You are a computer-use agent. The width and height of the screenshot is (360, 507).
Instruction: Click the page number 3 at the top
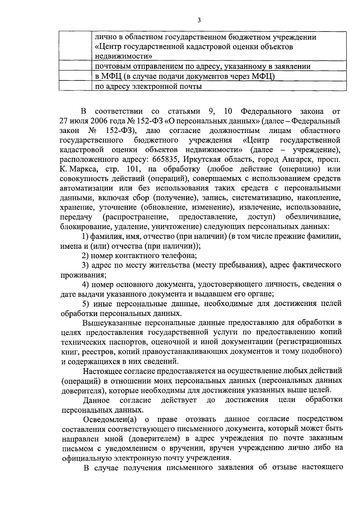(199, 20)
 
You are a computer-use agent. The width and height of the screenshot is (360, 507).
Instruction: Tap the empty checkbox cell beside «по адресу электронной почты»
(75, 86)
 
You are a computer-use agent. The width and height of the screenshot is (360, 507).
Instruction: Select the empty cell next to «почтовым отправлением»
(75, 66)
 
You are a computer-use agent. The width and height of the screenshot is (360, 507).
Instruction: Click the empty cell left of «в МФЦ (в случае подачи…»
(75, 76)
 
